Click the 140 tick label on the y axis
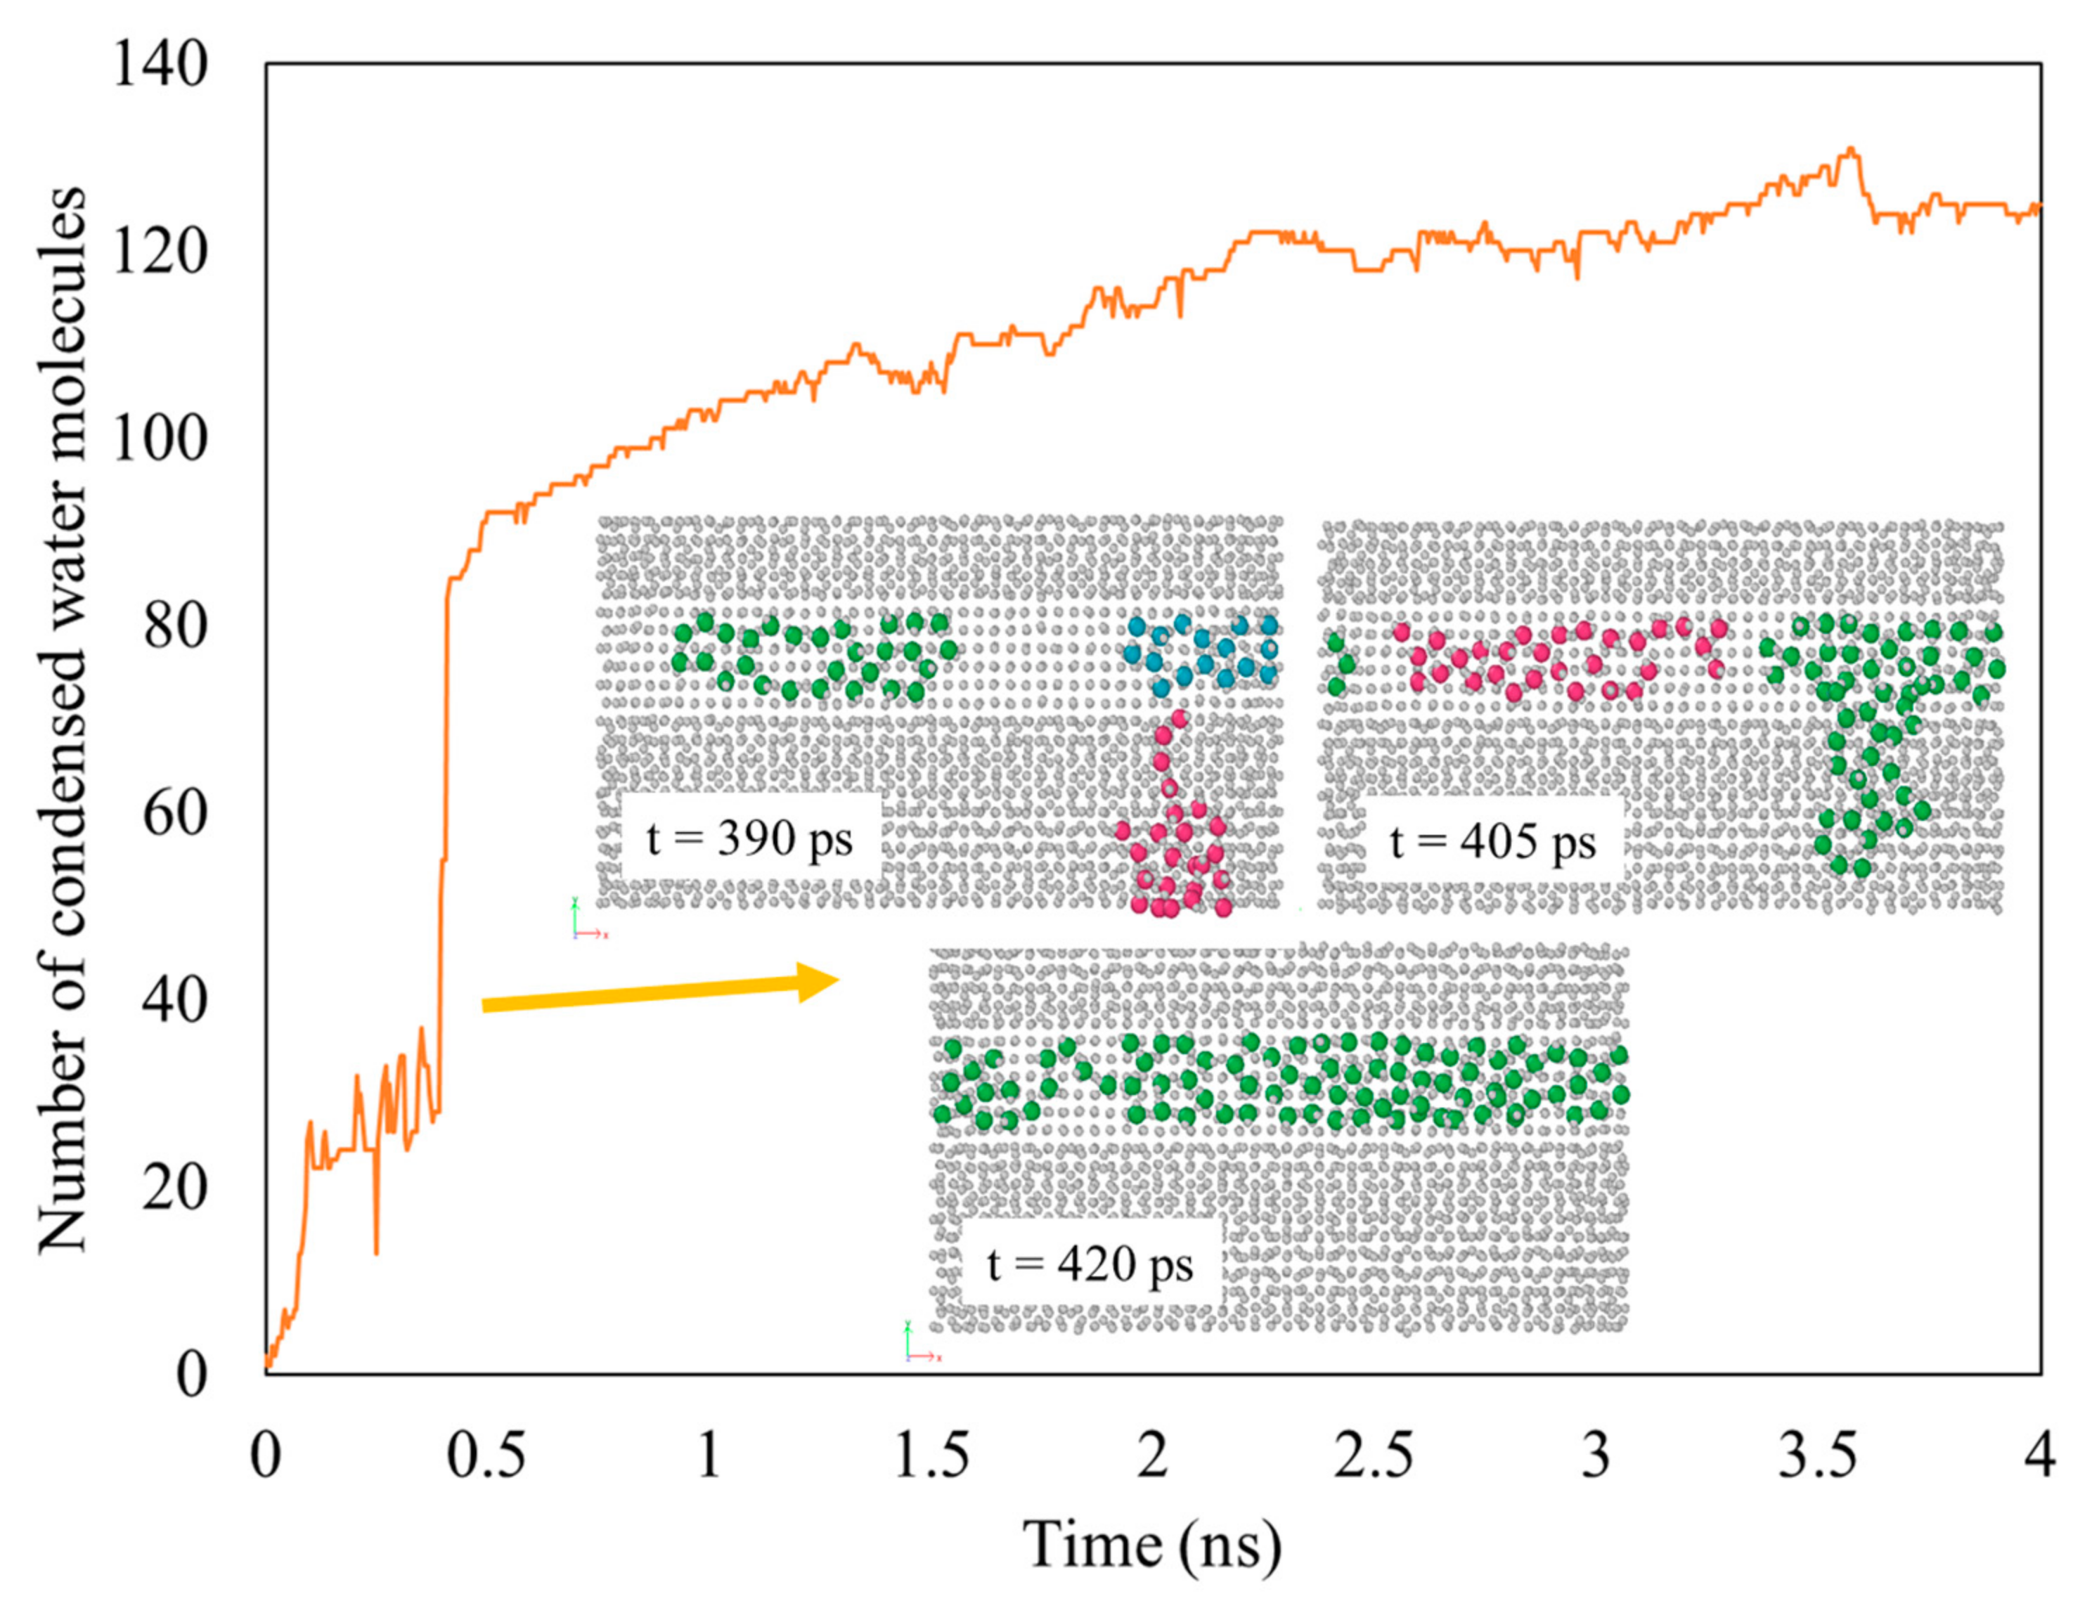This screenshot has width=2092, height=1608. [159, 68]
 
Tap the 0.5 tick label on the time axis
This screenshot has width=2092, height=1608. [486, 1458]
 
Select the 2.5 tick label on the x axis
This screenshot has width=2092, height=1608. [1372, 1458]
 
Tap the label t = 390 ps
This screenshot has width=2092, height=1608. [749, 839]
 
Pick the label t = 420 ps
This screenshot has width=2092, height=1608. [1090, 1264]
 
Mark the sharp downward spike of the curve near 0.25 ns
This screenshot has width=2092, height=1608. [376, 1252]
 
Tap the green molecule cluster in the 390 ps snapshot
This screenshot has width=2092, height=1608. [814, 656]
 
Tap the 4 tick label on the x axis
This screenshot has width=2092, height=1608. [2039, 1458]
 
